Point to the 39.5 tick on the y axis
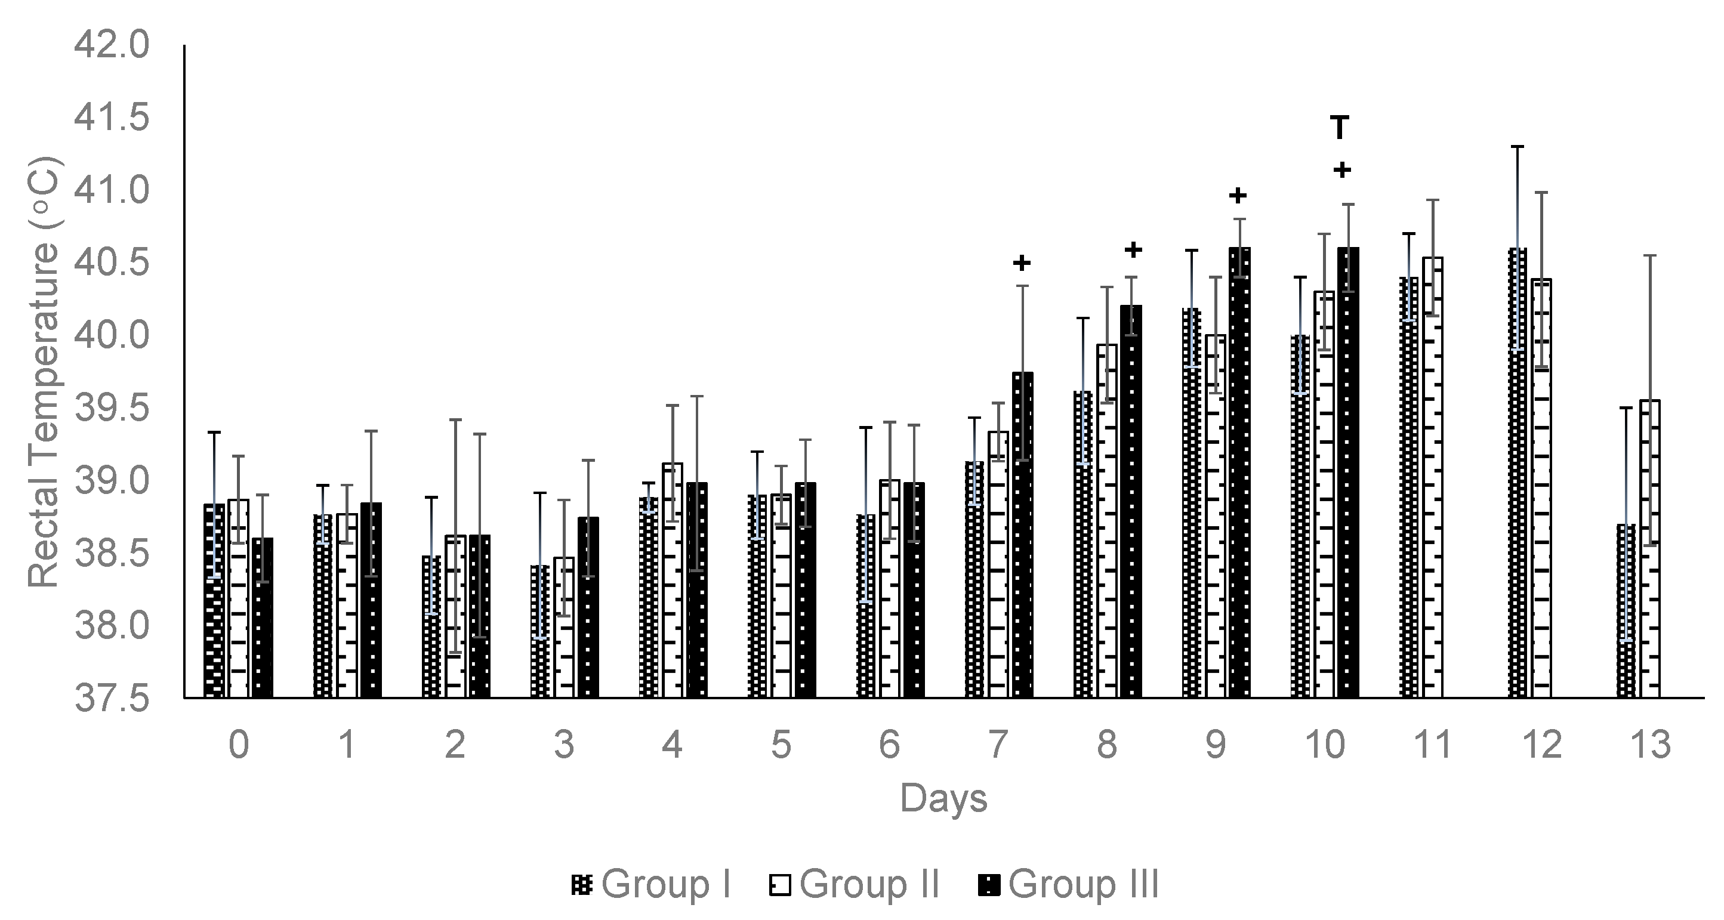111,409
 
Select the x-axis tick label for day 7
998,745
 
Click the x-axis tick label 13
1650,745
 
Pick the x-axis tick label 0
239,745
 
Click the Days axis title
943,798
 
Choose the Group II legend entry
853,885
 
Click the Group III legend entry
1068,885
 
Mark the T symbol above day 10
1339,127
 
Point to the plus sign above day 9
1238,195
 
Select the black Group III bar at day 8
1131,502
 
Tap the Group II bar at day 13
1650,549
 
